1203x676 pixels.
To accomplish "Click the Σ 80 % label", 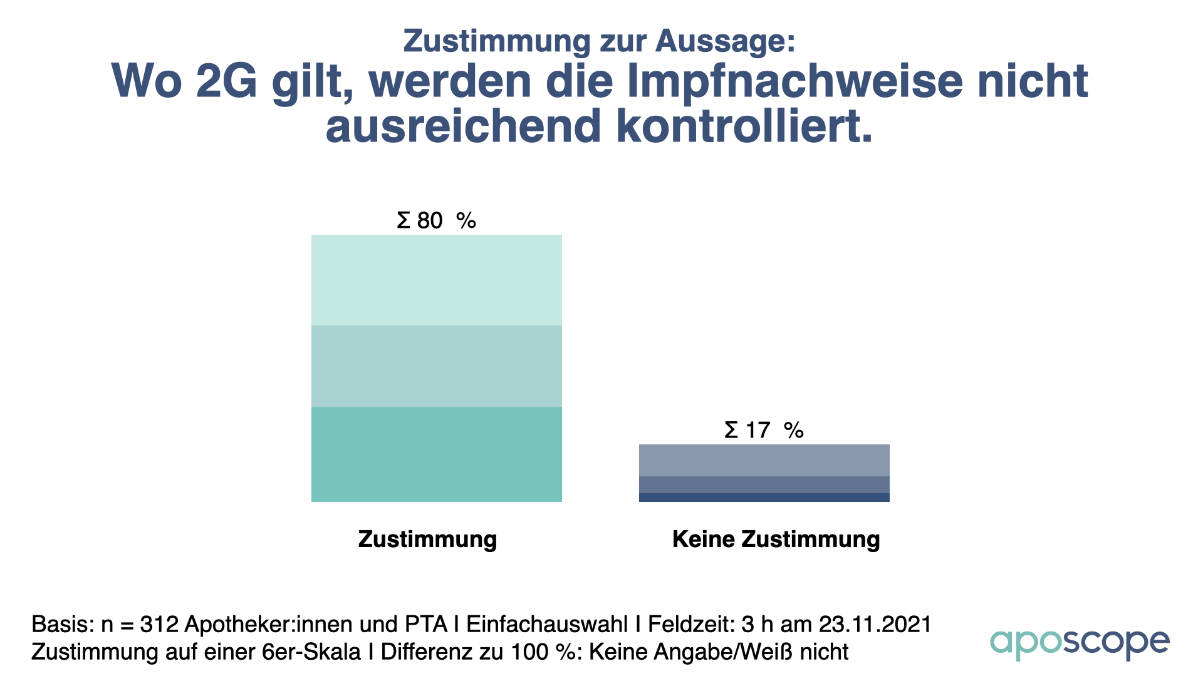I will [436, 221].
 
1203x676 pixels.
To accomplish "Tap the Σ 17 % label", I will [764, 431].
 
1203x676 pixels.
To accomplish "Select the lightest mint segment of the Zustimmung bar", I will [436, 280].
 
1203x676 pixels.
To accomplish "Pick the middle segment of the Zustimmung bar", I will [436, 366].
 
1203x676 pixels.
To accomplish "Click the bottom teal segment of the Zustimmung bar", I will [436, 454].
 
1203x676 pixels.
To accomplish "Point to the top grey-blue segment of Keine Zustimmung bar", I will [764, 460].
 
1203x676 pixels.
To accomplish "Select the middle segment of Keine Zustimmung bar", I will [764, 484].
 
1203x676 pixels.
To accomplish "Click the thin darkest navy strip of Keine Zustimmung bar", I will [764, 498].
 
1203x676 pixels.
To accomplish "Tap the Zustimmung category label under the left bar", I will [427, 540].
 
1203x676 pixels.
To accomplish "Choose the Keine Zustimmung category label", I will [776, 540].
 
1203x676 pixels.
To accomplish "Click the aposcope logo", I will [1079, 643].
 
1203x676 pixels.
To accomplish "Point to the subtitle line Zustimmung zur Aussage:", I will [599, 41].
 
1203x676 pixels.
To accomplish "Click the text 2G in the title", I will [226, 81].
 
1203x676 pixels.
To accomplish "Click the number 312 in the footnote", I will [159, 625].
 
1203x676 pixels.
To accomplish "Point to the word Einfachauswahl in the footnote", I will [547, 625].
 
